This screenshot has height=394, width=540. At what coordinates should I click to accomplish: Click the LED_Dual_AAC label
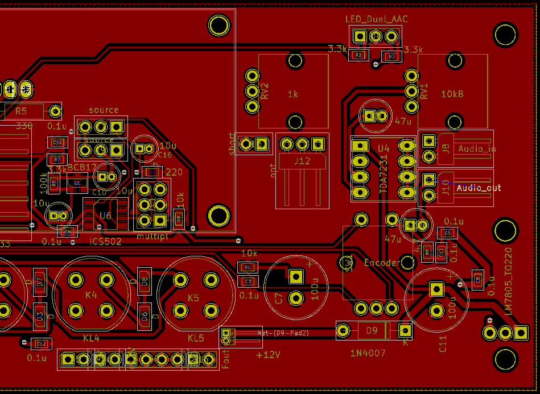376,19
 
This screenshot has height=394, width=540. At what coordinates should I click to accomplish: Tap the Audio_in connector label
477,149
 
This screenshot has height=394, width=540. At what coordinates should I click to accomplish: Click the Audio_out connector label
479,187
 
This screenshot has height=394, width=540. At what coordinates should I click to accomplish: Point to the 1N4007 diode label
368,353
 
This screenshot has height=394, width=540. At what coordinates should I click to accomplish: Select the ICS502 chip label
106,241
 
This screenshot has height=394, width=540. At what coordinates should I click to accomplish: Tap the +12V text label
269,355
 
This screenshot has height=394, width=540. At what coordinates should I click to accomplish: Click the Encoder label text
381,263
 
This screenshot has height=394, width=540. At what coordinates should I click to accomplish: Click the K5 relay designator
193,298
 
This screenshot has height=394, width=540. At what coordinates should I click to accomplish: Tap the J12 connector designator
302,161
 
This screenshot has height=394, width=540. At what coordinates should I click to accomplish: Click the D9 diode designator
372,330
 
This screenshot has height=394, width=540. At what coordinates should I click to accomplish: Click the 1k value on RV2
293,94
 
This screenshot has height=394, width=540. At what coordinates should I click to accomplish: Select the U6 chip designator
106,215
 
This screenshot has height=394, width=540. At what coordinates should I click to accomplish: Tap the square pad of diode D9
405,330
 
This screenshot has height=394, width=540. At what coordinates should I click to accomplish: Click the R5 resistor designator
21,111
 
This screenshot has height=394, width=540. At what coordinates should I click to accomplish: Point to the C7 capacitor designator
279,298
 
